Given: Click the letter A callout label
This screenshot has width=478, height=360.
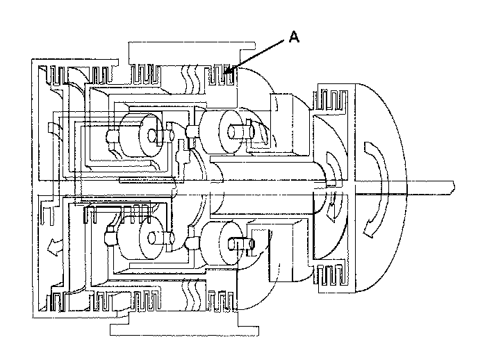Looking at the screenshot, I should point(293,40).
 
